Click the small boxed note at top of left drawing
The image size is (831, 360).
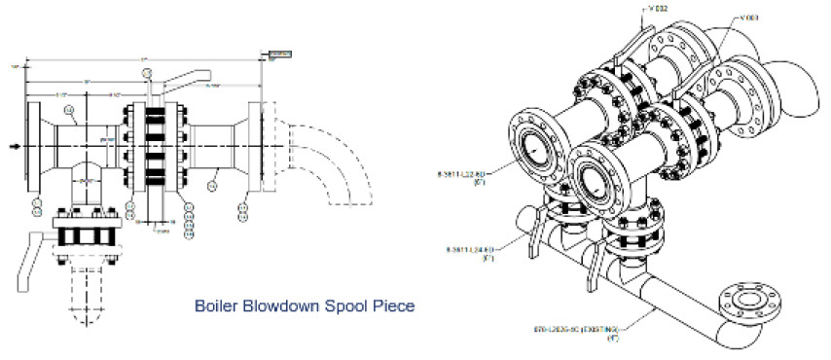pos(276,53)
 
